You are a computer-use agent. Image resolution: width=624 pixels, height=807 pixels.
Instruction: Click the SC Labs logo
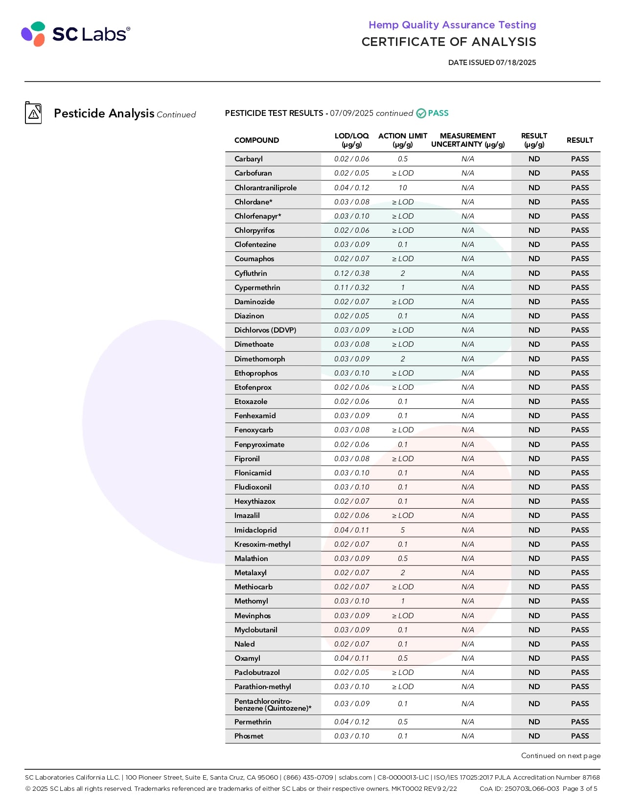tap(75, 34)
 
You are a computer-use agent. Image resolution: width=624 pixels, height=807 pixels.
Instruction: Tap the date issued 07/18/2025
tap(492, 63)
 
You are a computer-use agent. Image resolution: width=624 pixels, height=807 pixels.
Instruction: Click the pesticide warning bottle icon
tap(33, 113)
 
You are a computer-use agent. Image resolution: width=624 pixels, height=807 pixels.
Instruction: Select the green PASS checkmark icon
tap(421, 113)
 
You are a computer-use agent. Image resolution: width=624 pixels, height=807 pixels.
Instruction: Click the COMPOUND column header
tap(256, 140)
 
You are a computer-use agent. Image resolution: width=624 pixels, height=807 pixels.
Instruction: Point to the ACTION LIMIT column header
tap(402, 140)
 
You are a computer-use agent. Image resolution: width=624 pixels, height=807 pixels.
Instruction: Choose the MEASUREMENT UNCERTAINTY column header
tap(467, 140)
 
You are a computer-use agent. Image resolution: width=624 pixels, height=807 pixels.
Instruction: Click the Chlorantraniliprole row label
tap(265, 188)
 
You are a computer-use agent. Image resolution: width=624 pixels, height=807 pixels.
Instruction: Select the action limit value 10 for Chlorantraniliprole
tap(402, 188)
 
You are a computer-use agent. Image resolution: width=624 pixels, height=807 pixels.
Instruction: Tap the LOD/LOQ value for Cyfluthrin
tap(351, 273)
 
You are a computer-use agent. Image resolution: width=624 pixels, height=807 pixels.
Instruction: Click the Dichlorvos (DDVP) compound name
tap(265, 330)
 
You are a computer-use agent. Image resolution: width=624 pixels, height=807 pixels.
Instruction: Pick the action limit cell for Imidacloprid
tap(402, 530)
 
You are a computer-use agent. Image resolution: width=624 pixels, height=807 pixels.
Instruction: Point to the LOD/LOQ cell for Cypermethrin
tap(351, 288)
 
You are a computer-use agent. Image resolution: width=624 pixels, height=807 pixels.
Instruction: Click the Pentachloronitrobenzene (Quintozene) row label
tap(273, 704)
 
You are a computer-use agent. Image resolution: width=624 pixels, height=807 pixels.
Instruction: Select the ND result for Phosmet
tap(534, 736)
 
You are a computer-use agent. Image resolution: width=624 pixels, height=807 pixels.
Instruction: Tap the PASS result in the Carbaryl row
tap(579, 159)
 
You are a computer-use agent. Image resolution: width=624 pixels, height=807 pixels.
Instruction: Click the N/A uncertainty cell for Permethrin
tap(467, 722)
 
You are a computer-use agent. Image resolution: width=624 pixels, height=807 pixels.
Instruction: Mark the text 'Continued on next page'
tap(560, 756)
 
